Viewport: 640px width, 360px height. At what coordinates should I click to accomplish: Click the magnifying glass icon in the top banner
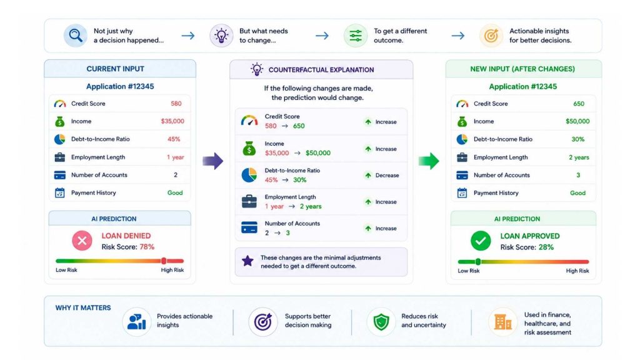click(76, 36)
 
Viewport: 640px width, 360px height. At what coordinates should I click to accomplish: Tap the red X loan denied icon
click(82, 241)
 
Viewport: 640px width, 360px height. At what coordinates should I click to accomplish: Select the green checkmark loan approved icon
click(481, 241)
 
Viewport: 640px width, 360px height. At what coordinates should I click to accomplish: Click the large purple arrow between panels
click(213, 161)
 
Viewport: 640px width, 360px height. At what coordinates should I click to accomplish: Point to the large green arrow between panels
click(429, 161)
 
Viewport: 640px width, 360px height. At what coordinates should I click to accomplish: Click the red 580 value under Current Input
click(176, 104)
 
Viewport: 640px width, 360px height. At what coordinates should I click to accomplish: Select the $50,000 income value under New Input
click(577, 121)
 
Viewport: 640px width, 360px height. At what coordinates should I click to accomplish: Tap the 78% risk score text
click(147, 247)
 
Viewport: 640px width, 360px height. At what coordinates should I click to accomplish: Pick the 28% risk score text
click(546, 247)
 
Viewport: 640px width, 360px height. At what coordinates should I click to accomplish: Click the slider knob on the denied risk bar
click(164, 261)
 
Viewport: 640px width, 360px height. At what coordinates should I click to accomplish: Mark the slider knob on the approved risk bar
click(478, 262)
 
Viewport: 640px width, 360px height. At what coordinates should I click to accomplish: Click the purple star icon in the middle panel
click(247, 261)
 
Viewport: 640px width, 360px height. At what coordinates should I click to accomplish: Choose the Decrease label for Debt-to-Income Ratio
click(387, 176)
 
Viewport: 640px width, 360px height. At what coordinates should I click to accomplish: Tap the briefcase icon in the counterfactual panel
click(249, 201)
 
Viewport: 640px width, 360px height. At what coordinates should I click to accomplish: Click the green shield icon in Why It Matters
click(381, 322)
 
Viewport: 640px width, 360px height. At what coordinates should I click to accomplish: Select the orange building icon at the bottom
click(502, 322)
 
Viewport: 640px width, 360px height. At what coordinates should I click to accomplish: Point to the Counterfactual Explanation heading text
click(321, 70)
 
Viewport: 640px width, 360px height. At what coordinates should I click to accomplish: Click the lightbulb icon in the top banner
click(221, 36)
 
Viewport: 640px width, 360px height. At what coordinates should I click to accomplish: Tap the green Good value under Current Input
click(175, 192)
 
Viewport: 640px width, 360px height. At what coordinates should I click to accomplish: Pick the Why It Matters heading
click(83, 307)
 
